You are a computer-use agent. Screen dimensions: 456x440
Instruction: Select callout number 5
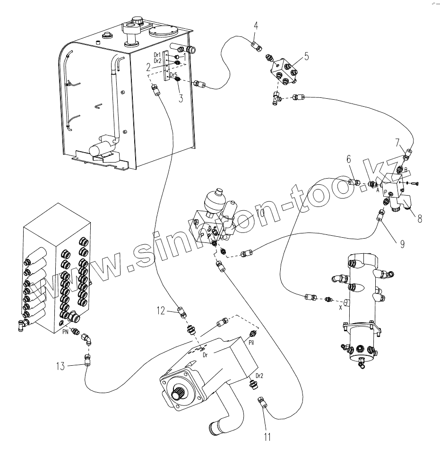coord(306,57)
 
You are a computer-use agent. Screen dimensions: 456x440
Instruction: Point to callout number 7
coord(398,141)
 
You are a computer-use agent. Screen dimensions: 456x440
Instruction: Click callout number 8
coord(419,220)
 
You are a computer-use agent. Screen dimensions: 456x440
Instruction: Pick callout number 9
coord(402,244)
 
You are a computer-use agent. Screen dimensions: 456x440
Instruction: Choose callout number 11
coord(267,437)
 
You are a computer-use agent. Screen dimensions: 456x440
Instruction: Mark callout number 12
coord(161,310)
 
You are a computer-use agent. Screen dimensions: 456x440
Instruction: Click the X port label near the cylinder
coord(340,307)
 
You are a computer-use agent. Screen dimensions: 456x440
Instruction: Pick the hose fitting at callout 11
coord(261,402)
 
